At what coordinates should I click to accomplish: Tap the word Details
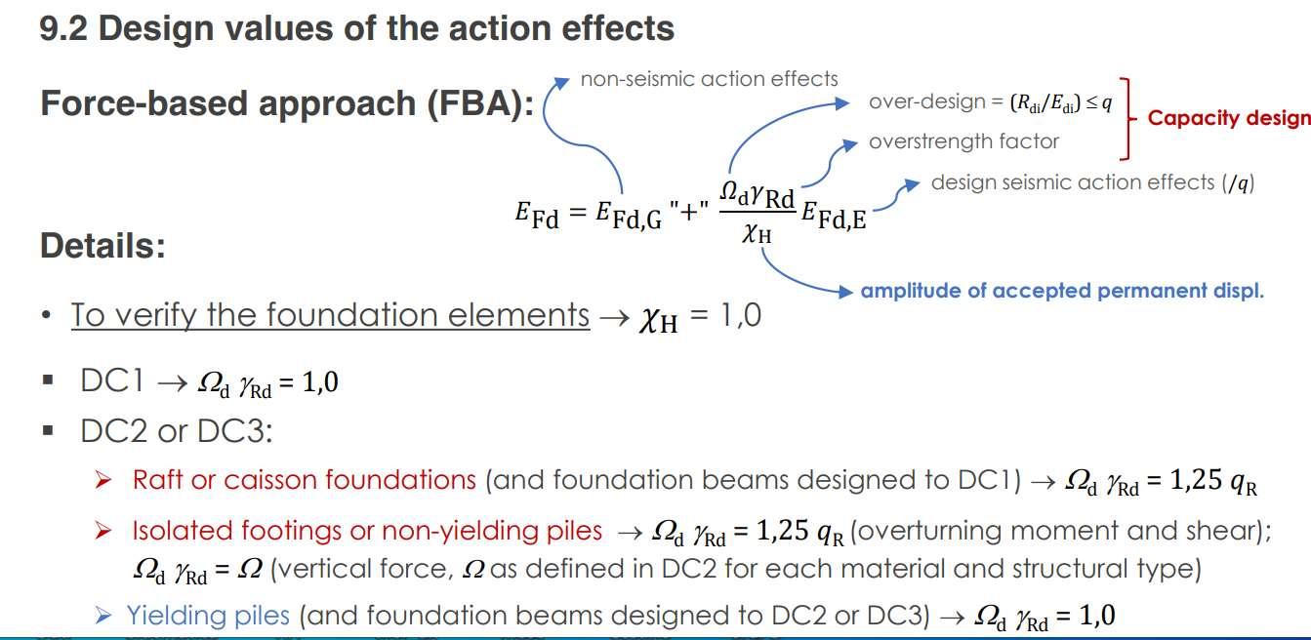102,246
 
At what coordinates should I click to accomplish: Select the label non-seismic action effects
709,79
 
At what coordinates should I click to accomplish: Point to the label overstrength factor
963,141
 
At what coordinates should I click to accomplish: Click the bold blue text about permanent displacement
1062,291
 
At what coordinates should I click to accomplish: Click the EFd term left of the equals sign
537,215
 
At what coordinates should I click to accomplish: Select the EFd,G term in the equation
629,215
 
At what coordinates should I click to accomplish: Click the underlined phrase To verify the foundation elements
330,316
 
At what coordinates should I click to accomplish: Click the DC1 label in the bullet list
112,381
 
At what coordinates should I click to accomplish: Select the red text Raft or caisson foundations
304,480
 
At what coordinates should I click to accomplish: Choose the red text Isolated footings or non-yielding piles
367,531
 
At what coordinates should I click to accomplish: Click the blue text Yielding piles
208,615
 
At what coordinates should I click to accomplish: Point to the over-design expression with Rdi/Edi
990,102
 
